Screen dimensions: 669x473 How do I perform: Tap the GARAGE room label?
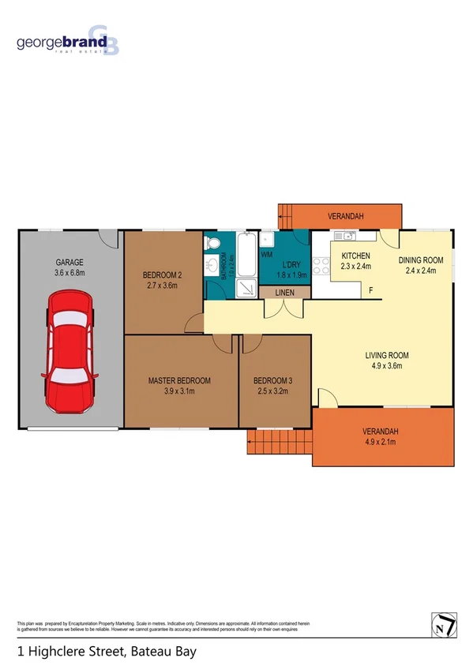69,262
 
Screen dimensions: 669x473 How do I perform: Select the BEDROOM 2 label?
162,275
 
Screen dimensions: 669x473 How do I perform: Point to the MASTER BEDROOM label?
181,381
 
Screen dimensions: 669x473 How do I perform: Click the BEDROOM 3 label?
272,381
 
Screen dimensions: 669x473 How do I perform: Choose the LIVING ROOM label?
387,355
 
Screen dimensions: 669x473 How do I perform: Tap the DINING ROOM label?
420,260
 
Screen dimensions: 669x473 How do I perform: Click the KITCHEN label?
356,256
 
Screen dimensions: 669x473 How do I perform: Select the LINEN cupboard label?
285,293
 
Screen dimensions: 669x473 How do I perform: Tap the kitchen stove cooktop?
321,266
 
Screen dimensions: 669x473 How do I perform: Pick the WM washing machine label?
267,255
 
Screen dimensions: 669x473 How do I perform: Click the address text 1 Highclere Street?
106,652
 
